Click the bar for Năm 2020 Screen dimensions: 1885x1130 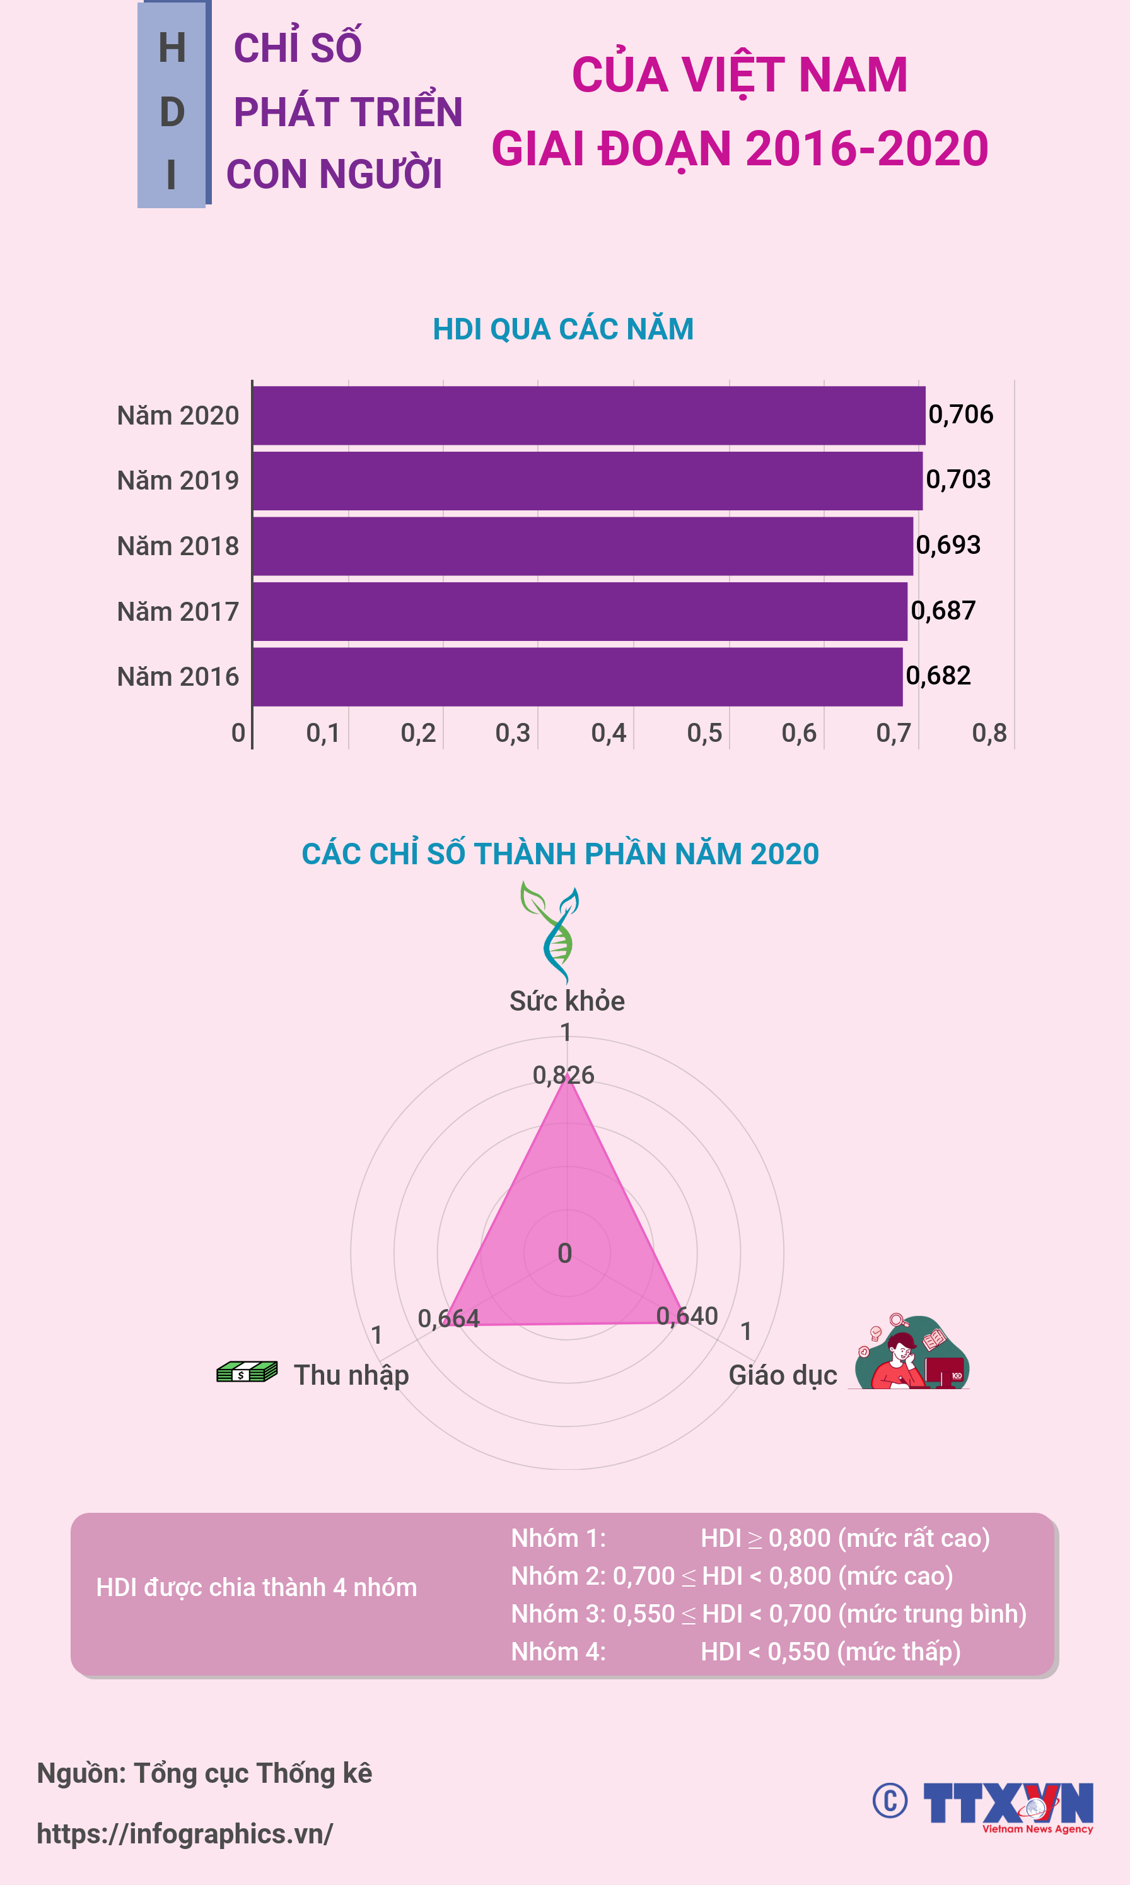coord(588,415)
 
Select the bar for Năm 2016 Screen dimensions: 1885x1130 coord(577,676)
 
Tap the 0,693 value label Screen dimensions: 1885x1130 coord(948,545)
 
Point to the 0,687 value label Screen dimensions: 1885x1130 coord(943,611)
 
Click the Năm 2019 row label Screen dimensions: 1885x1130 coord(177,481)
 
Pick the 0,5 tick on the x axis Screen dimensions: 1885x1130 coord(704,732)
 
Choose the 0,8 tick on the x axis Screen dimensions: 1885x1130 coord(989,732)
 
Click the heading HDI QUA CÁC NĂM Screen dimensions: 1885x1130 coord(562,329)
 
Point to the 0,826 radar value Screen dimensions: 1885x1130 coord(564,1074)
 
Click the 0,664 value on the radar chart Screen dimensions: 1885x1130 coord(448,1319)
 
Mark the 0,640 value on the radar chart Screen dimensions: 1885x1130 coord(687,1316)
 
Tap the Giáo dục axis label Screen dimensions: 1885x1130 coord(783,1375)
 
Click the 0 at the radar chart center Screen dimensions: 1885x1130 coord(565,1253)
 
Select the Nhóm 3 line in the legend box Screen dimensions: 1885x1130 coord(768,1614)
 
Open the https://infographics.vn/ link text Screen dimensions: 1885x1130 coord(184,1834)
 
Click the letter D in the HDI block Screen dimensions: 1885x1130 coord(172,112)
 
